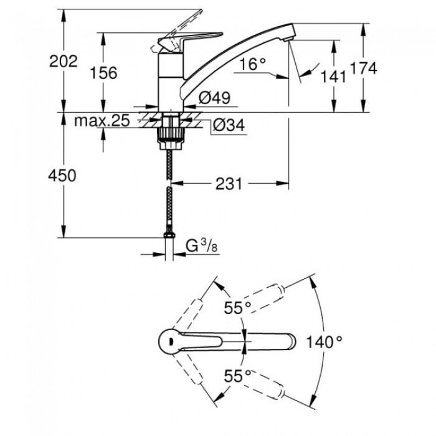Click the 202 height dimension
tap(65, 61)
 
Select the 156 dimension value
tap(103, 73)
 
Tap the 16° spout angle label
tap(252, 63)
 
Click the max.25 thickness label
tap(102, 121)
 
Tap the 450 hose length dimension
tap(62, 176)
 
